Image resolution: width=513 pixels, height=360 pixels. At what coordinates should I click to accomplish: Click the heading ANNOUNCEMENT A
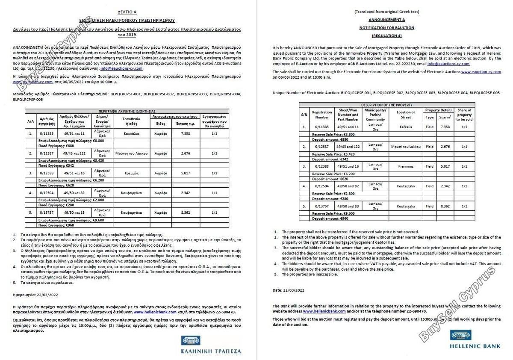386,20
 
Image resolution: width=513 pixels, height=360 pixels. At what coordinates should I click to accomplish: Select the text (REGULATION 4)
386,35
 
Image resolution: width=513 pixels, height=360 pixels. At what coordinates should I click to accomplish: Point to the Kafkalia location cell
406,127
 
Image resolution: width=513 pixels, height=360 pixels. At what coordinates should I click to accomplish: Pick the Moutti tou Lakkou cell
406,147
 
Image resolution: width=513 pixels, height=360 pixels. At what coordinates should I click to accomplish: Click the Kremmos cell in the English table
406,166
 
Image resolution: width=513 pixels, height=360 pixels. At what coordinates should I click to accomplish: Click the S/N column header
304,115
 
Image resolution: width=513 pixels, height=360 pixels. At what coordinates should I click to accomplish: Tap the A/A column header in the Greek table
31,121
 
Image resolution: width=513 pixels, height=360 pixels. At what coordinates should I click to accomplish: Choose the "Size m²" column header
445,117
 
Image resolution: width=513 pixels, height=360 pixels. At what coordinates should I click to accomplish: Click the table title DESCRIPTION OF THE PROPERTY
386,105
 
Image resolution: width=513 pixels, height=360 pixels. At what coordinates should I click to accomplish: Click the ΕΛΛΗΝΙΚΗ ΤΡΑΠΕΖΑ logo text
211,351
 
